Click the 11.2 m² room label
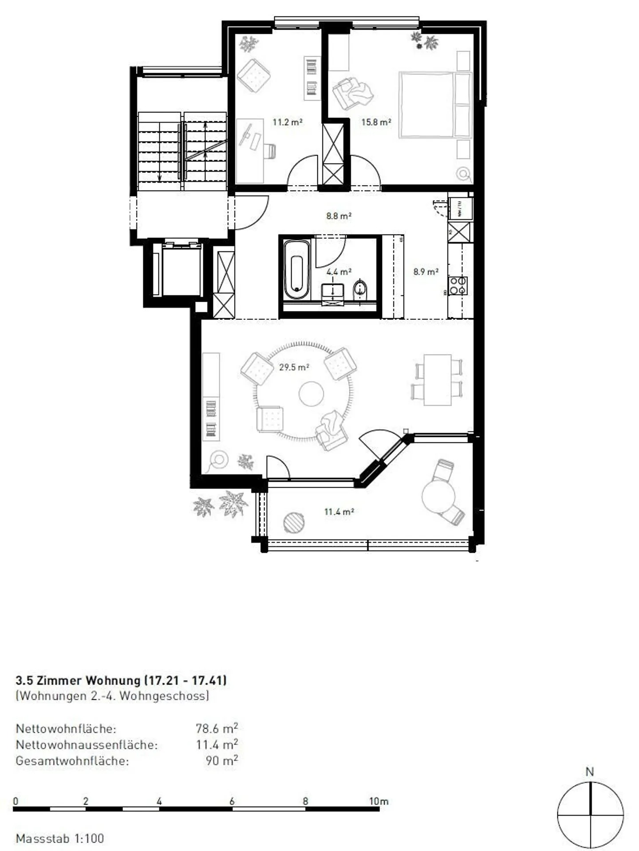click(x=287, y=122)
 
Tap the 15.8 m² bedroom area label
click(x=376, y=122)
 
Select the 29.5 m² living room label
click(x=294, y=367)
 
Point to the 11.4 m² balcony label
click(x=339, y=512)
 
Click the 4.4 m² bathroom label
click(x=339, y=272)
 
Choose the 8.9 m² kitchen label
click(x=426, y=272)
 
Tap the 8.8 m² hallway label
click(x=339, y=216)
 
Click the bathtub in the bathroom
click(x=296, y=270)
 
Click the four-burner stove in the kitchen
click(x=458, y=286)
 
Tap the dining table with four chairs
click(x=438, y=380)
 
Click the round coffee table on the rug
click(x=311, y=394)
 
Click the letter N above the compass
click(x=589, y=772)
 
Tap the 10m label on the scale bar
click(x=379, y=801)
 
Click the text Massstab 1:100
click(x=60, y=839)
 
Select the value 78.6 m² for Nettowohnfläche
click(x=217, y=729)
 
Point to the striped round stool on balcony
click(x=294, y=522)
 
